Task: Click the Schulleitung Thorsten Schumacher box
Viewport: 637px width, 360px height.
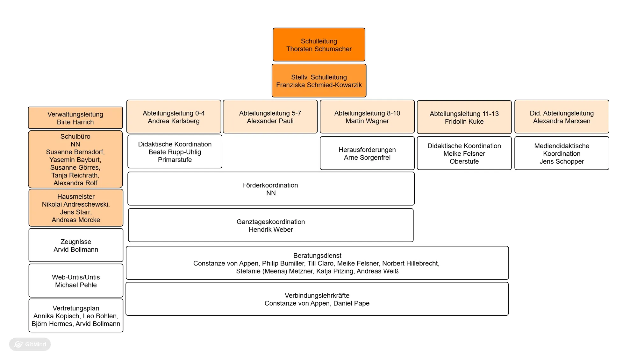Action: [319, 45]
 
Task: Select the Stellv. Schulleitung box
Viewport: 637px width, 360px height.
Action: [319, 81]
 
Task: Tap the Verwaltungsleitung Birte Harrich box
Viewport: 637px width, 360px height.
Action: [75, 118]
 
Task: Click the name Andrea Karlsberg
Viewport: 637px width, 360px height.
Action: [174, 121]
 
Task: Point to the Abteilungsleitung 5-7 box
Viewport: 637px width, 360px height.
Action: [270, 117]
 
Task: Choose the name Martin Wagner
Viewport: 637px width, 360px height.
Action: [367, 121]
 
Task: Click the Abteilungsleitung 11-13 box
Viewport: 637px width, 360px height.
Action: [464, 117]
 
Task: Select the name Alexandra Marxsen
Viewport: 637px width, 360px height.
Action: [562, 121]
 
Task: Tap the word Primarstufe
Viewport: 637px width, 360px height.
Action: [175, 160]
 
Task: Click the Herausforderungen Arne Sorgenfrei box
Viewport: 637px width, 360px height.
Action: [367, 153]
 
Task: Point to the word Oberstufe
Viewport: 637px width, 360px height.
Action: [464, 161]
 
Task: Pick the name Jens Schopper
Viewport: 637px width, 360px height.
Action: [562, 161]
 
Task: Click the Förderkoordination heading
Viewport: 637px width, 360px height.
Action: [270, 185]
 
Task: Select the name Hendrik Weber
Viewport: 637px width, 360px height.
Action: [271, 229]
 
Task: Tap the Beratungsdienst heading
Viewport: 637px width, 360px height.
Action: [317, 256]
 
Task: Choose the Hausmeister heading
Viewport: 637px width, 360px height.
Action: [76, 197]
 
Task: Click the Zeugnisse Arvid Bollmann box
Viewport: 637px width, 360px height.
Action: [76, 245]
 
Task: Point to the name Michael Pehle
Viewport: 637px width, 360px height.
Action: [76, 285]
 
